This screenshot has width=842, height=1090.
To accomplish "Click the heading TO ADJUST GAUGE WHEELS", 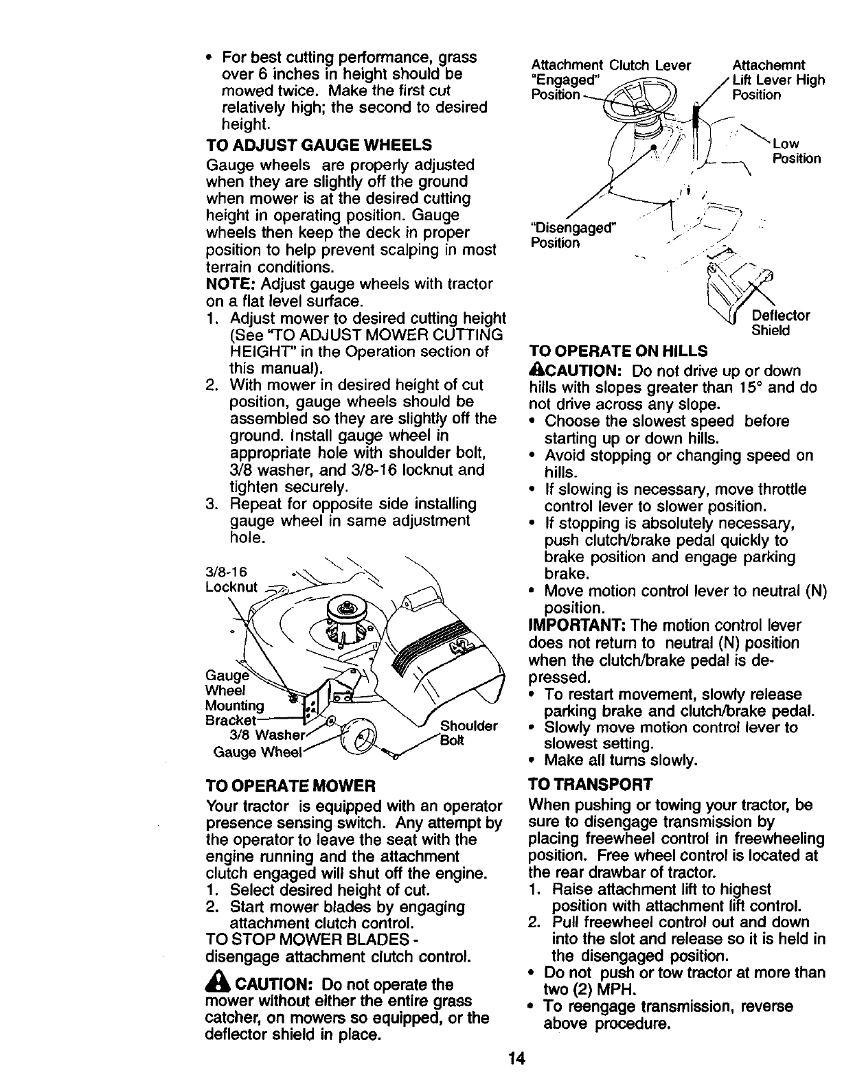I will click(x=319, y=146).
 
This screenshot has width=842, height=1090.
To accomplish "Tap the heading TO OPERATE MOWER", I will click(x=291, y=785).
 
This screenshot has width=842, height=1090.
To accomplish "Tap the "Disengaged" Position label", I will click(x=573, y=235).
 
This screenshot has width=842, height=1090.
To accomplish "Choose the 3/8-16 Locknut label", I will click(x=231, y=580).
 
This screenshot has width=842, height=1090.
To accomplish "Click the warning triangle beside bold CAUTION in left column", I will click(x=216, y=984).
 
